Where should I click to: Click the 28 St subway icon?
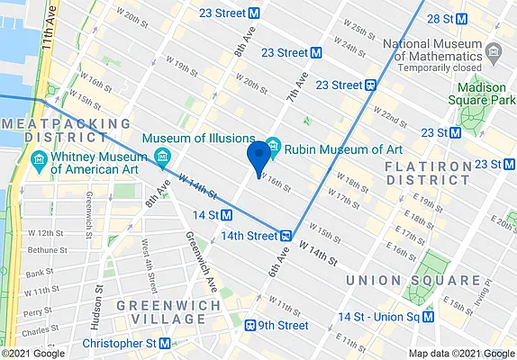coord(461,19)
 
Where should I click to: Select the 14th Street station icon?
coord(285,236)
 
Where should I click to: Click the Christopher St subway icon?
coord(165,344)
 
